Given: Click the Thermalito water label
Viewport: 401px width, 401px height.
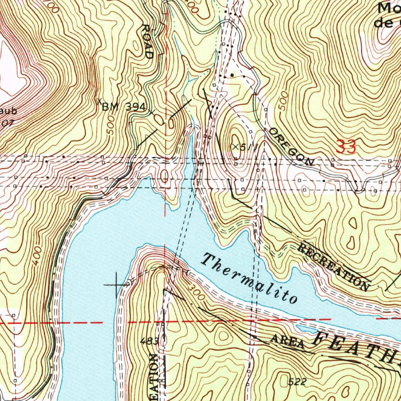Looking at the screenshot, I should coord(250,278).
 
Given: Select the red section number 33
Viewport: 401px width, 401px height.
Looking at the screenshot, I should coord(346,147).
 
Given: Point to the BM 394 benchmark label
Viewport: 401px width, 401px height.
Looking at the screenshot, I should coord(124,107).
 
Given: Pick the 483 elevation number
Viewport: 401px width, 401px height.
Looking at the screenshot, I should coord(150,341).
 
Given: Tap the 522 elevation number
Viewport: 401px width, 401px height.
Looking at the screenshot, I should coord(297,382).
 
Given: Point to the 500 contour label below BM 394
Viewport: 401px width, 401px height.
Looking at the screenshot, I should coord(112,127).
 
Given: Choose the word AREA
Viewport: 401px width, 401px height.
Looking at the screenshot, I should coord(288,342).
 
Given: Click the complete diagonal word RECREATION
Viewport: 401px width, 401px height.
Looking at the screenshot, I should coord(334,267).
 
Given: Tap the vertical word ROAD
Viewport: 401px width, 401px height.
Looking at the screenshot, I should coord(147,42).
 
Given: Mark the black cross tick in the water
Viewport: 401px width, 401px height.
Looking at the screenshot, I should coord(117,285).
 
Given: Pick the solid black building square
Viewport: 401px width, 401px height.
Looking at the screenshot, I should coord(232,74).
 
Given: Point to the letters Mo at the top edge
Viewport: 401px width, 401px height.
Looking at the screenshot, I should coord(388,8).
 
